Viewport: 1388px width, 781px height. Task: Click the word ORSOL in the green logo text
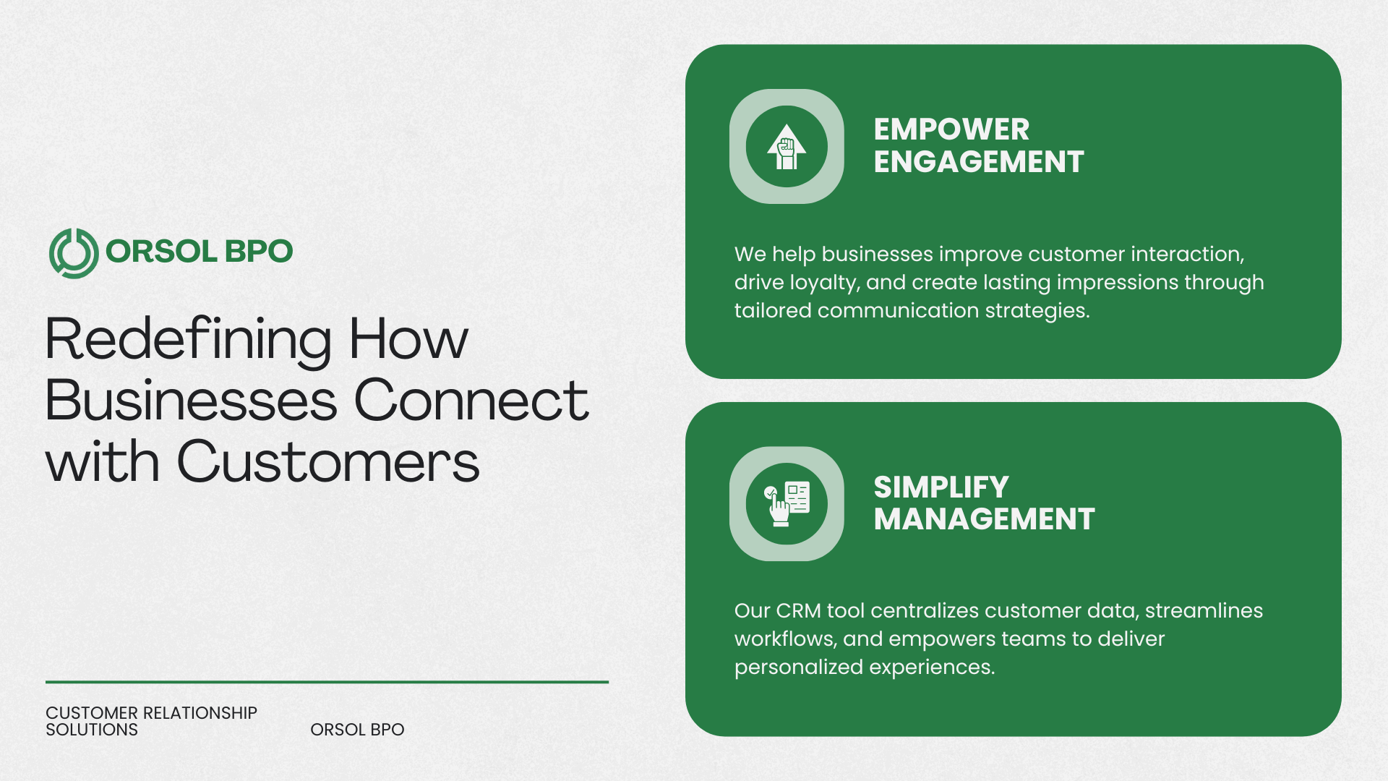pos(161,252)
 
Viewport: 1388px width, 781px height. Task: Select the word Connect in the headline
pos(471,400)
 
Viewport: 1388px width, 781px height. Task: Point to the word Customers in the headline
pos(328,461)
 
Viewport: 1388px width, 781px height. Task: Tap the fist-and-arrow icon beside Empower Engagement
pos(787,147)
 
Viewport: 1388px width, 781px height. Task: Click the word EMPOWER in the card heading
pos(951,129)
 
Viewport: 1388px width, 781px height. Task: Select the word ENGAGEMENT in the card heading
pos(979,161)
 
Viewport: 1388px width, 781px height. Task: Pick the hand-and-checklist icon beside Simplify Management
pos(787,504)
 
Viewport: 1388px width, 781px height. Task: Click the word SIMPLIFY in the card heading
pos(941,487)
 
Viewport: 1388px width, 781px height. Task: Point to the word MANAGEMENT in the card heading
pos(985,519)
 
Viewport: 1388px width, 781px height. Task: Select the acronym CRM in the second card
pos(798,611)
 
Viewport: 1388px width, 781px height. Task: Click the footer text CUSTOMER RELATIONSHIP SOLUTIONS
pos(151,722)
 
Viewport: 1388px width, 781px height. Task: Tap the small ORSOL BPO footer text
pos(357,730)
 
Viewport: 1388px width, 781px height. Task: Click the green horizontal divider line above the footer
pos(327,681)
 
